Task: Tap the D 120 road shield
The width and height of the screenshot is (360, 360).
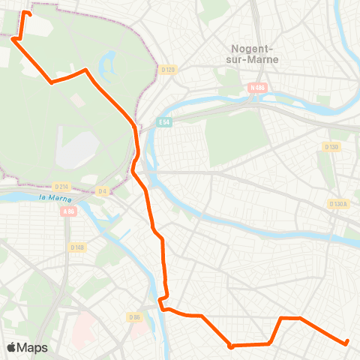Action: click(x=167, y=70)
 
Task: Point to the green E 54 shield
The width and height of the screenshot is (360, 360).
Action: click(x=164, y=121)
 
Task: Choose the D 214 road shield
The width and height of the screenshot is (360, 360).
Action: click(x=61, y=186)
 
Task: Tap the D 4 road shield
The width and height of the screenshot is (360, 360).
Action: click(x=103, y=191)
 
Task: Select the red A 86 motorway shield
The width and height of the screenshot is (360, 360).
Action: click(x=70, y=211)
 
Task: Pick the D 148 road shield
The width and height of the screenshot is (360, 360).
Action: click(x=77, y=247)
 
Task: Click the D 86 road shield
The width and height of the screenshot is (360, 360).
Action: click(x=135, y=317)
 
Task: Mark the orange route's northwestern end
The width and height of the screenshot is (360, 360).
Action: click(x=29, y=13)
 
